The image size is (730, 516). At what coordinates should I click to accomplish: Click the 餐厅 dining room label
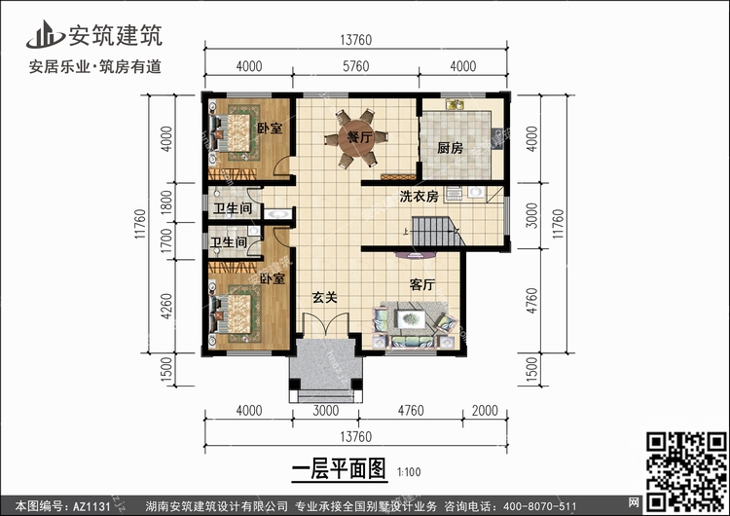pos(360,137)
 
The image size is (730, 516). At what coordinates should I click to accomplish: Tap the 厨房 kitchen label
pos(451,148)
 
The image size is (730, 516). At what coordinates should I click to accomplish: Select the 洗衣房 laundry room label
pos(419,197)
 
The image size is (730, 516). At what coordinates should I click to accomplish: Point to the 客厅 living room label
pos(422,284)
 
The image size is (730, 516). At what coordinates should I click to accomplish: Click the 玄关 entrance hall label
pos(324,297)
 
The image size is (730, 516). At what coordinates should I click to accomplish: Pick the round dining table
pos(356,138)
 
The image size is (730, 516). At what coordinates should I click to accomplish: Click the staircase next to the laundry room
pos(438,232)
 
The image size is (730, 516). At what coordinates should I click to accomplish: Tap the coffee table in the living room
pos(411,319)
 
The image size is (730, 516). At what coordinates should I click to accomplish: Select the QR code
pos(687,471)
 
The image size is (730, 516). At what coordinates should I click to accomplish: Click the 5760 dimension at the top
pos(355,66)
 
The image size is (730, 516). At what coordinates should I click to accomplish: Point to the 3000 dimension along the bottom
pos(326,411)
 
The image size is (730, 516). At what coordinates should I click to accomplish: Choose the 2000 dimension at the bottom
pos(485,411)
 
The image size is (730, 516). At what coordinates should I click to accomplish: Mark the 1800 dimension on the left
pos(166,203)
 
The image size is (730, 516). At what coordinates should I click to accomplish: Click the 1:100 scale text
pos(409,472)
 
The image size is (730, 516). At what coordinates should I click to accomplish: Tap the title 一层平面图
pos(339,468)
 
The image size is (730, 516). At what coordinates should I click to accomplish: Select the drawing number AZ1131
pos(91,506)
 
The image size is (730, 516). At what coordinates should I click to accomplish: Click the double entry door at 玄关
pos(326,324)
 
